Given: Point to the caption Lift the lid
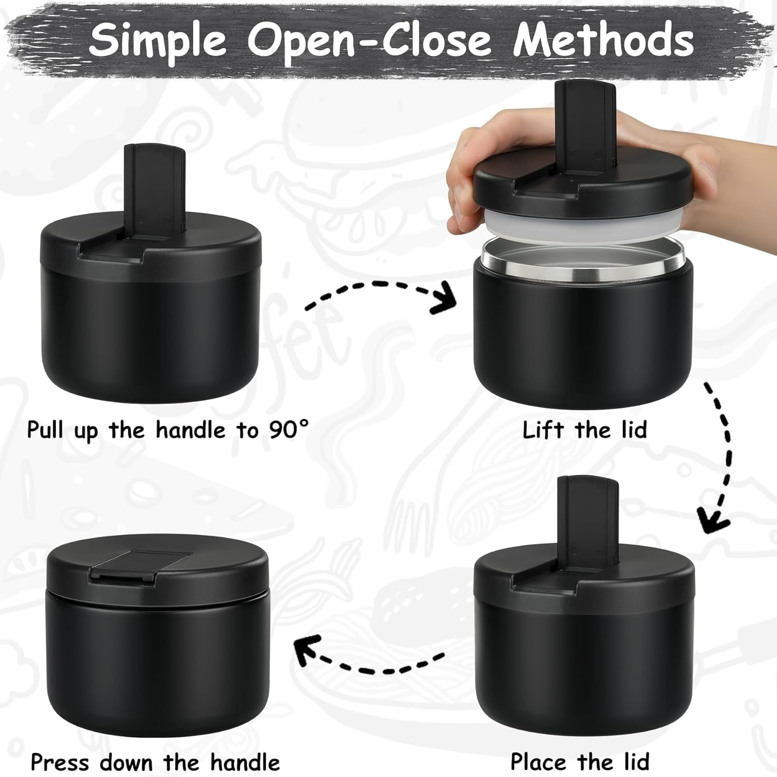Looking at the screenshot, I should (584, 430).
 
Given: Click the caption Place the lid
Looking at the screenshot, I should (580, 762).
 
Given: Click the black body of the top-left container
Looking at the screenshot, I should (150, 337).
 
